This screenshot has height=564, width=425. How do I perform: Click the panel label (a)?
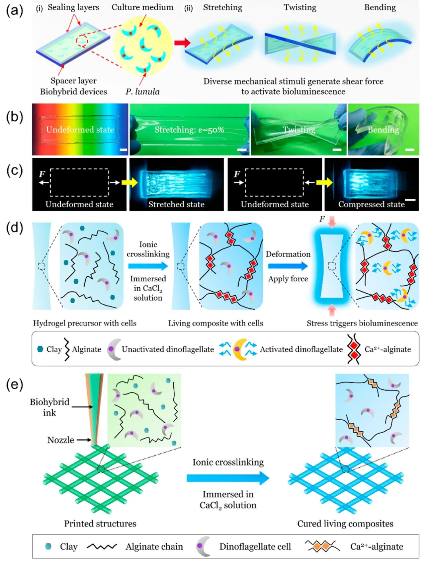click(x=15, y=11)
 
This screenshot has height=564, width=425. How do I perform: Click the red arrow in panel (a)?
click(x=182, y=42)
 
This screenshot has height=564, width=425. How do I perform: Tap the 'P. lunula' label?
click(x=142, y=92)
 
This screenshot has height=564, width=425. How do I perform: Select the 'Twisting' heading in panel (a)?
click(x=300, y=7)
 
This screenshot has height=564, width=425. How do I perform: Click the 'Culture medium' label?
click(x=142, y=7)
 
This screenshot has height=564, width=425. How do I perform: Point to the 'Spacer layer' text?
click(x=73, y=81)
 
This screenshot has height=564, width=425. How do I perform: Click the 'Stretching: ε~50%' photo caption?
click(x=189, y=130)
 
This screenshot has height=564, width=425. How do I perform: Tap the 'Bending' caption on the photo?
click(x=383, y=130)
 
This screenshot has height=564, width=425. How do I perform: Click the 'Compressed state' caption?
click(x=371, y=204)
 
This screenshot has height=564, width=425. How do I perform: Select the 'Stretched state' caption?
click(x=176, y=204)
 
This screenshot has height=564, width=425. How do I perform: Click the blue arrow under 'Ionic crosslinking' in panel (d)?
click(x=148, y=266)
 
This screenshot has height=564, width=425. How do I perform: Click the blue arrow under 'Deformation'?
click(x=288, y=266)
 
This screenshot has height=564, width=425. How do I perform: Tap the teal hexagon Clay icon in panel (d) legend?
click(x=40, y=349)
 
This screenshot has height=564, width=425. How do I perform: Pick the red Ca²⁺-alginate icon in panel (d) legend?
click(x=354, y=349)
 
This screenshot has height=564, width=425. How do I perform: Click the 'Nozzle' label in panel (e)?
click(x=61, y=440)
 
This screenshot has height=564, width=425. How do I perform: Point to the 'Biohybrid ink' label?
click(x=49, y=407)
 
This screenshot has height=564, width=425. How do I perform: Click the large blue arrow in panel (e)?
click(x=228, y=478)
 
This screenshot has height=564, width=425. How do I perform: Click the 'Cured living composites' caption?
click(x=345, y=524)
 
